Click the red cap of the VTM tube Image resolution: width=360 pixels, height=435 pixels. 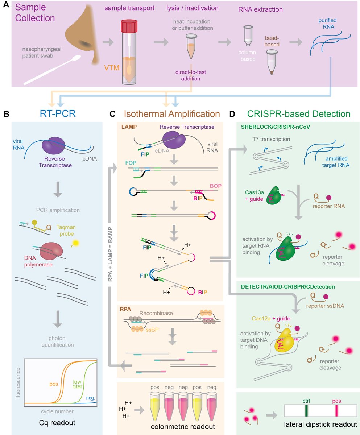(129, 26)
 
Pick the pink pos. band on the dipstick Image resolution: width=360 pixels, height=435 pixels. (337, 410)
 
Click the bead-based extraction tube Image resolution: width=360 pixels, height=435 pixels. (271, 62)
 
